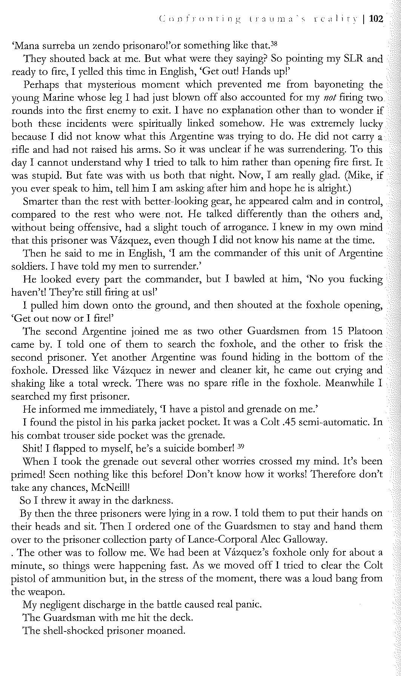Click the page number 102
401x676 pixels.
[376, 19]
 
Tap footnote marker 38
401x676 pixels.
[274, 44]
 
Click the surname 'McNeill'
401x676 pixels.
[110, 487]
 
